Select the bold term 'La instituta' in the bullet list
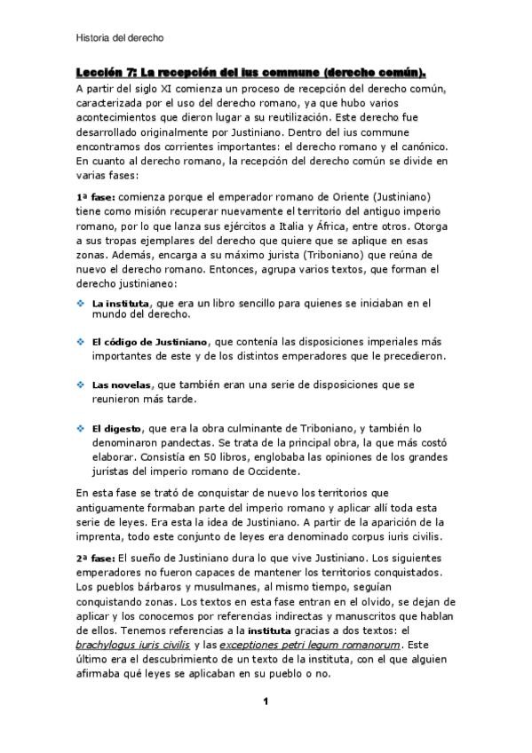pyautogui.click(x=120, y=304)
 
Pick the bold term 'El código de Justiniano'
pyautogui.click(x=150, y=342)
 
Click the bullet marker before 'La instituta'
pyautogui.click(x=81, y=303)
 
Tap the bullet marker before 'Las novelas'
pyautogui.click(x=81, y=385)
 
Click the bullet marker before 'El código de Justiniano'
pyautogui.click(x=81, y=341)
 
